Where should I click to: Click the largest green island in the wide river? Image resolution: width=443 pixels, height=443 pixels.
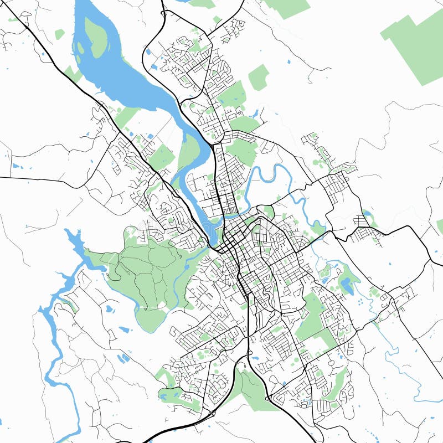95,39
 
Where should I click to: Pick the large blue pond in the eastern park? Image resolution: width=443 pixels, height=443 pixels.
347,285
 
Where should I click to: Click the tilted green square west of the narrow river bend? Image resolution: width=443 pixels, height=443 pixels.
162,157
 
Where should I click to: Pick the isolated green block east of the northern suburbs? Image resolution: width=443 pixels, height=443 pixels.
258,78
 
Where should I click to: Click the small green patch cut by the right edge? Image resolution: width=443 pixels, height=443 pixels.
440,226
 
